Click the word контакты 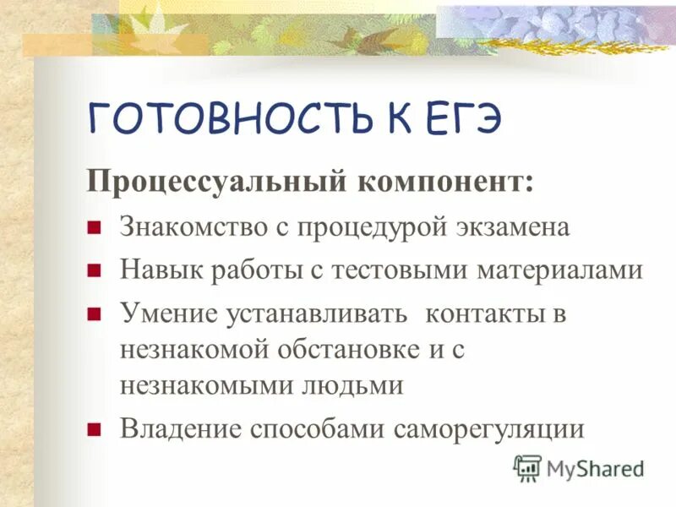(484, 313)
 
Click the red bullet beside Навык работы (95, 271)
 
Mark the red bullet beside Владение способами (95, 428)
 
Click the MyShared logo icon (527, 467)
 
